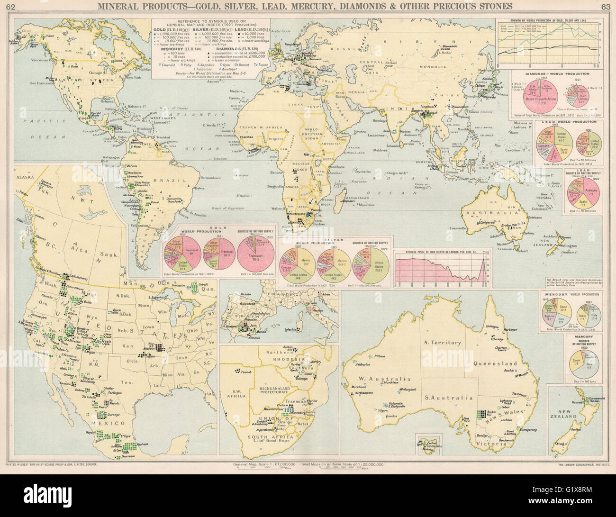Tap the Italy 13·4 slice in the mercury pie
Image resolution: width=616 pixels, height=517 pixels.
pos(593,315)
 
